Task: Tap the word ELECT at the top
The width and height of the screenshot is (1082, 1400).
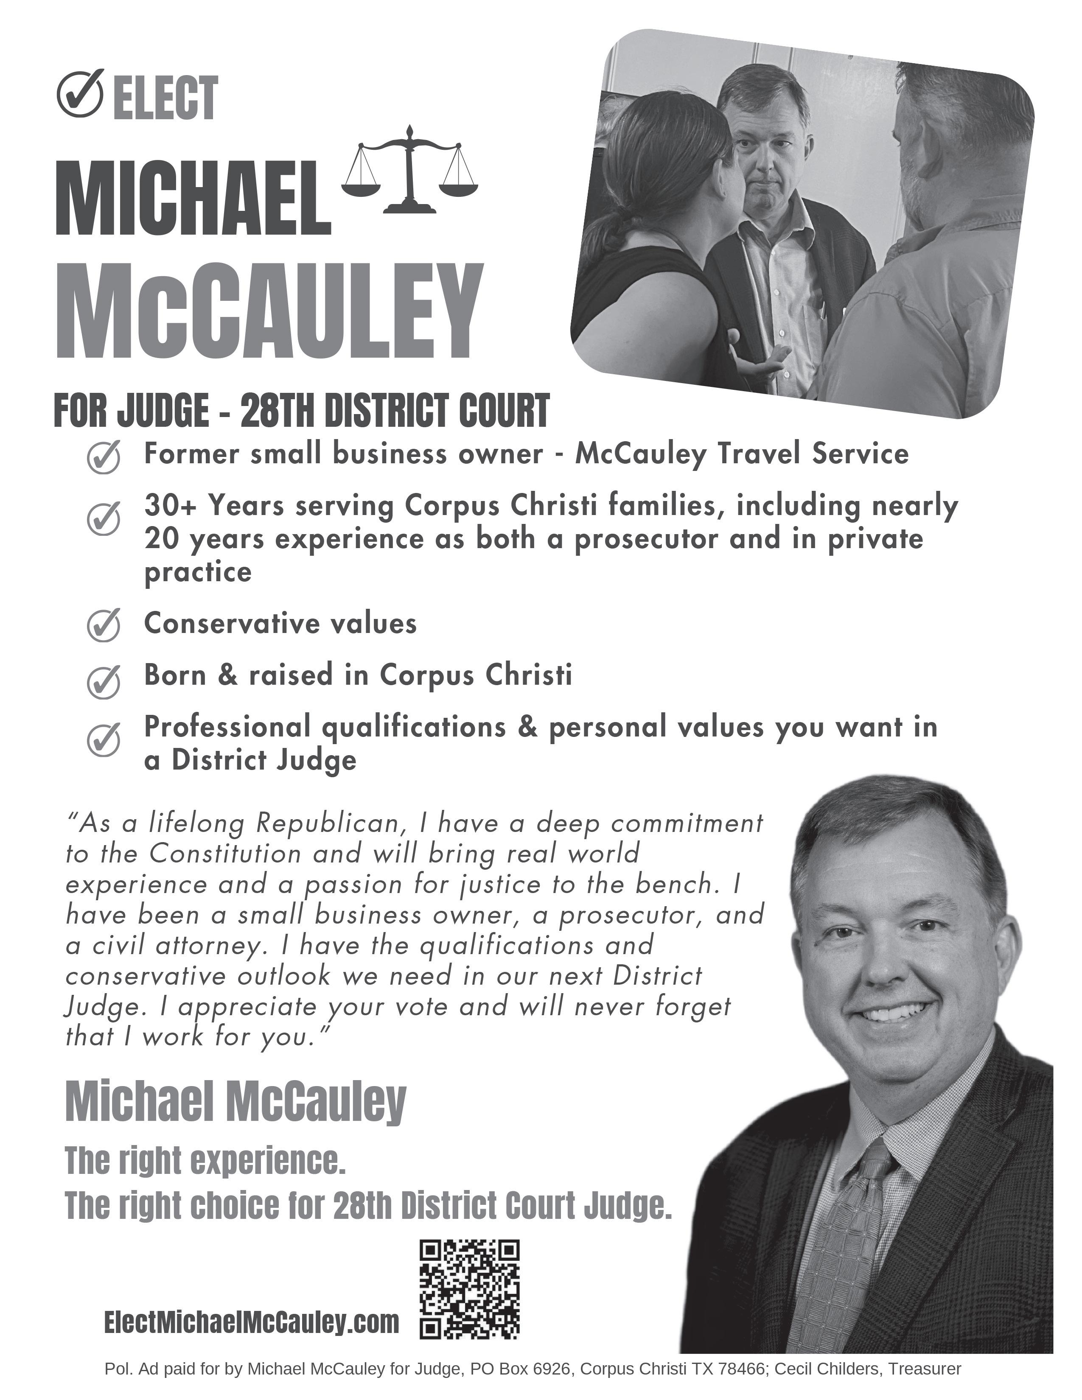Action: coord(165,98)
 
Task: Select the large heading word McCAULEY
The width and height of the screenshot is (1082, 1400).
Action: coord(269,311)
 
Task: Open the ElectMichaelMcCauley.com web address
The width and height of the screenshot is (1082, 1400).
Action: coord(251,1322)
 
